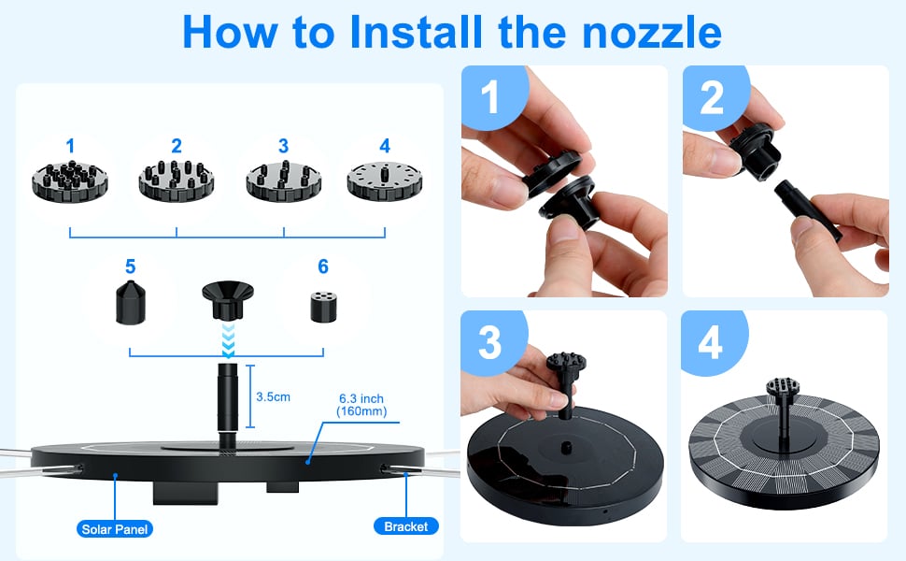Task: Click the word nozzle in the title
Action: pos(652,33)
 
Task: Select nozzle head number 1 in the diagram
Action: pos(70,181)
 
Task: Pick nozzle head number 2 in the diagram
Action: pos(177,180)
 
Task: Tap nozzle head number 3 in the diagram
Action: pos(283,181)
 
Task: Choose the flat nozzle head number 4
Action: pos(385,181)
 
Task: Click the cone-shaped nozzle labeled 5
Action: pos(131,302)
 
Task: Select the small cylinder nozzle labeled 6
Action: pos(323,307)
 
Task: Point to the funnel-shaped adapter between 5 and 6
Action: pos(228,299)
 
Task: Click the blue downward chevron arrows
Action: pos(228,340)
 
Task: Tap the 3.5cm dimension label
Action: pos(273,396)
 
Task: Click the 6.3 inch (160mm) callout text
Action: pos(361,405)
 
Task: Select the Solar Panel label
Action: pos(114,528)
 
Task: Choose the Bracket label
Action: pos(405,526)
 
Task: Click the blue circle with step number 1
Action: pos(491,95)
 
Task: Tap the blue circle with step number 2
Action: pos(713,95)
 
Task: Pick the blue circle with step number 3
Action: pos(491,341)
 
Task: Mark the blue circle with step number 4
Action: pos(712,341)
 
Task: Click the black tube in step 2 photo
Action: pos(807,209)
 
